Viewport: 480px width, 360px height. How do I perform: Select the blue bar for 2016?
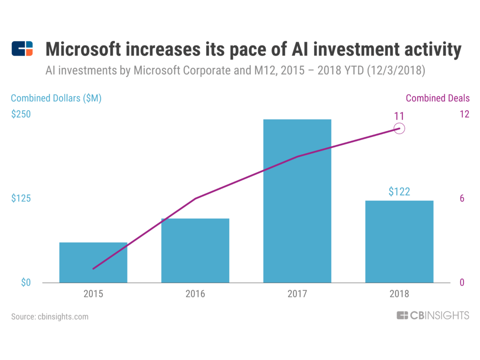click(195, 250)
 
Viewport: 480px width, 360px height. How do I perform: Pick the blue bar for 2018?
click(399, 241)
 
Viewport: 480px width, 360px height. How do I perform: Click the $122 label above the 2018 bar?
click(399, 191)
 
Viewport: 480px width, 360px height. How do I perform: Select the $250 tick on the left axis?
click(21, 114)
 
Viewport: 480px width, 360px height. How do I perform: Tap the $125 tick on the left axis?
click(21, 198)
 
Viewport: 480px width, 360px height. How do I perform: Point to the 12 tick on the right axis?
click(465, 114)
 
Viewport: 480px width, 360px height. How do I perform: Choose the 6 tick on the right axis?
click(462, 198)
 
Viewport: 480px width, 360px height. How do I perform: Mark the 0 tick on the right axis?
click(462, 283)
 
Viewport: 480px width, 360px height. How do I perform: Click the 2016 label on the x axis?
click(195, 294)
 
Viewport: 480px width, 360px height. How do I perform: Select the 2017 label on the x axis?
click(297, 294)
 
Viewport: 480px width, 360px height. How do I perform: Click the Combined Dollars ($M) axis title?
click(56, 98)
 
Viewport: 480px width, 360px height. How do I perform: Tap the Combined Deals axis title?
click(438, 98)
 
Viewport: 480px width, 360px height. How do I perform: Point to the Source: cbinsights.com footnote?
click(50, 316)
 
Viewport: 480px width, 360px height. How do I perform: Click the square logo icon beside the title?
click(22, 49)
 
